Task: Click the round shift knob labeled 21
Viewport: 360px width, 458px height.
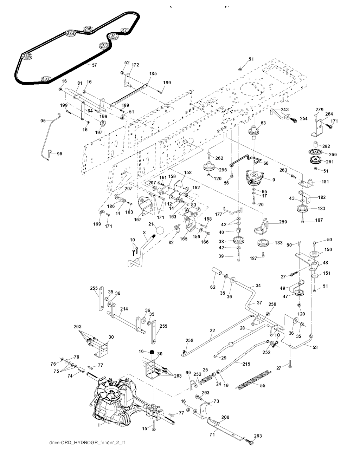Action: [160, 230]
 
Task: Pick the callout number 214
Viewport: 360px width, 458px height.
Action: [124, 309]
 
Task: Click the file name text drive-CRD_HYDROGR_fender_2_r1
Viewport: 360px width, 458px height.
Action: [87, 443]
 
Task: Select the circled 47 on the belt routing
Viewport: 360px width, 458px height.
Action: [124, 30]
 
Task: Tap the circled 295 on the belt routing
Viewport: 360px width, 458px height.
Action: [88, 29]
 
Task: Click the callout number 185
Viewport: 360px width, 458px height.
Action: [153, 74]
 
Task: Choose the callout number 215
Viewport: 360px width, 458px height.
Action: [246, 364]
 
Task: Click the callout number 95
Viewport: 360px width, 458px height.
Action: [43, 121]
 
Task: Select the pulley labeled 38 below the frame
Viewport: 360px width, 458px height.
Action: [239, 242]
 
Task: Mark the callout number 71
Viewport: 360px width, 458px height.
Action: [212, 435]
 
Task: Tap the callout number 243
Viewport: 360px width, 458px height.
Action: [285, 110]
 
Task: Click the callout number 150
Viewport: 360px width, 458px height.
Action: [328, 249]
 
